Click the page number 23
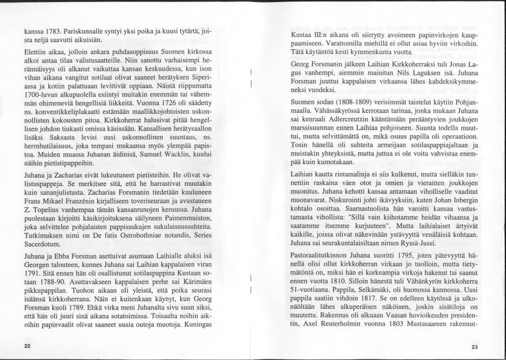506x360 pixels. (x=474, y=346)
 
